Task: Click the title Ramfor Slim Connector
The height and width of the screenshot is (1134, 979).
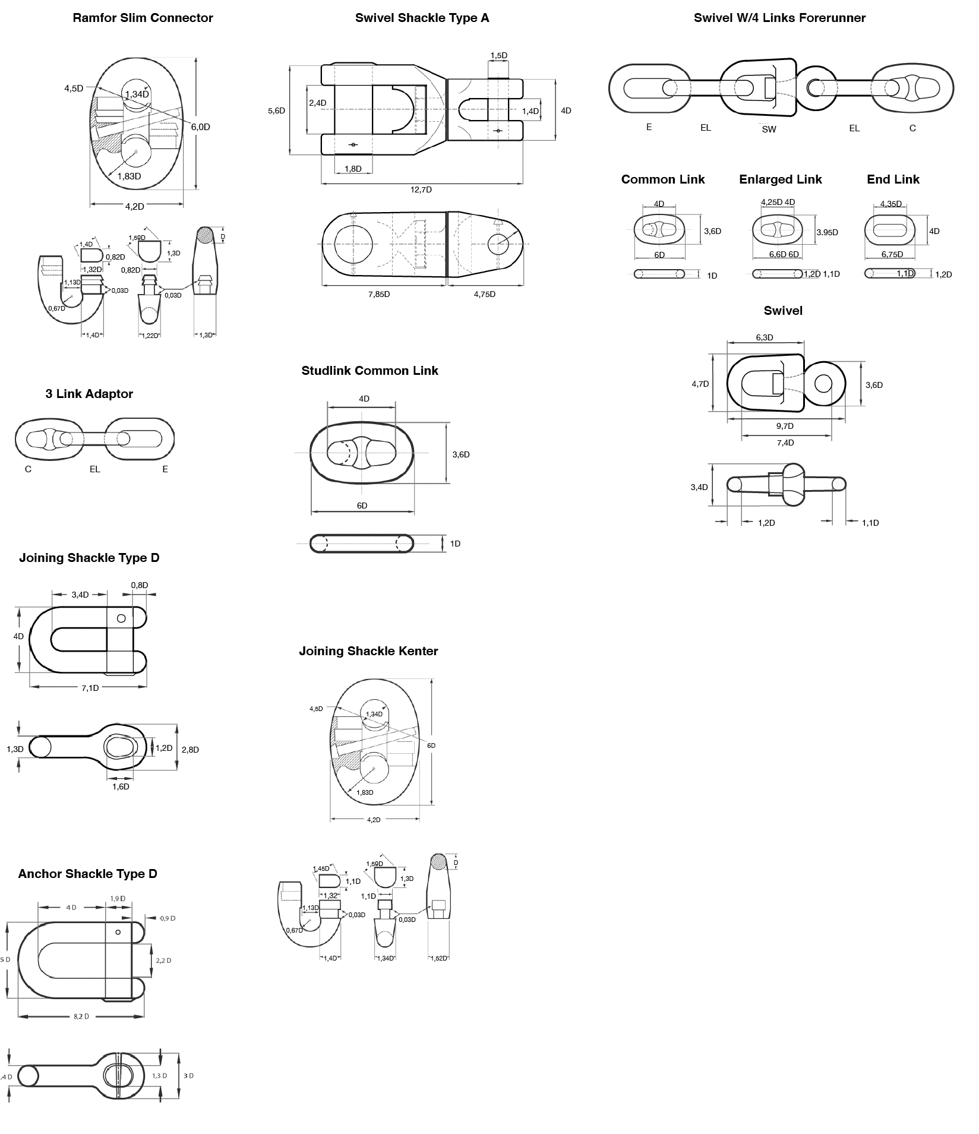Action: coord(143,18)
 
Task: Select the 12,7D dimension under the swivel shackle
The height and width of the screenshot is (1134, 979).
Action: coord(421,190)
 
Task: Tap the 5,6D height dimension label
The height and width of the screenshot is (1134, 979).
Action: coord(276,111)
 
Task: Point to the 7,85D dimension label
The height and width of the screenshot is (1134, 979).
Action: coord(379,295)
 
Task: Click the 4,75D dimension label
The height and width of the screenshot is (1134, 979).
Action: coord(484,295)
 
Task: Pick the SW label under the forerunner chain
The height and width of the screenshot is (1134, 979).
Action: coord(769,129)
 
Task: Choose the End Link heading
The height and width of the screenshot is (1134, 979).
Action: coord(893,179)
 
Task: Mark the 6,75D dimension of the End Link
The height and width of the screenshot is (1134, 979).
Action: coord(892,255)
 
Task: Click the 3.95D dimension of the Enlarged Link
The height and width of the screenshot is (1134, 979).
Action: coord(827,233)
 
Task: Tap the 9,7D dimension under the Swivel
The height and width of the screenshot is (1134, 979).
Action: coord(785,427)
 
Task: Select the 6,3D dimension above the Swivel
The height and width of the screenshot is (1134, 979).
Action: coord(765,338)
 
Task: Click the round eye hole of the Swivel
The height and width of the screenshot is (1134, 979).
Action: coord(823,384)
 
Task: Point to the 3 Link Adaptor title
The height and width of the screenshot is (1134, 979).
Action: coord(89,394)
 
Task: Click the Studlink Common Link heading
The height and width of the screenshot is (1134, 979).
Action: coord(370,371)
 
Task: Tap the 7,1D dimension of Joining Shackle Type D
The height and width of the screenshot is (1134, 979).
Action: coord(90,688)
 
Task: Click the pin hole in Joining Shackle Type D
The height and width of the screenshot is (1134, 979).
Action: coord(121,618)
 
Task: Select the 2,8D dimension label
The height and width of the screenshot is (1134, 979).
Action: coord(190,750)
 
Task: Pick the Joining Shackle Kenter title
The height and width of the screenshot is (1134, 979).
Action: coord(368,651)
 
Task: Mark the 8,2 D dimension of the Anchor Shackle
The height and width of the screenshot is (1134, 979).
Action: coord(81,1016)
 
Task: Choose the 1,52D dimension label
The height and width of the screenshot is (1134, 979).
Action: coord(438,958)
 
